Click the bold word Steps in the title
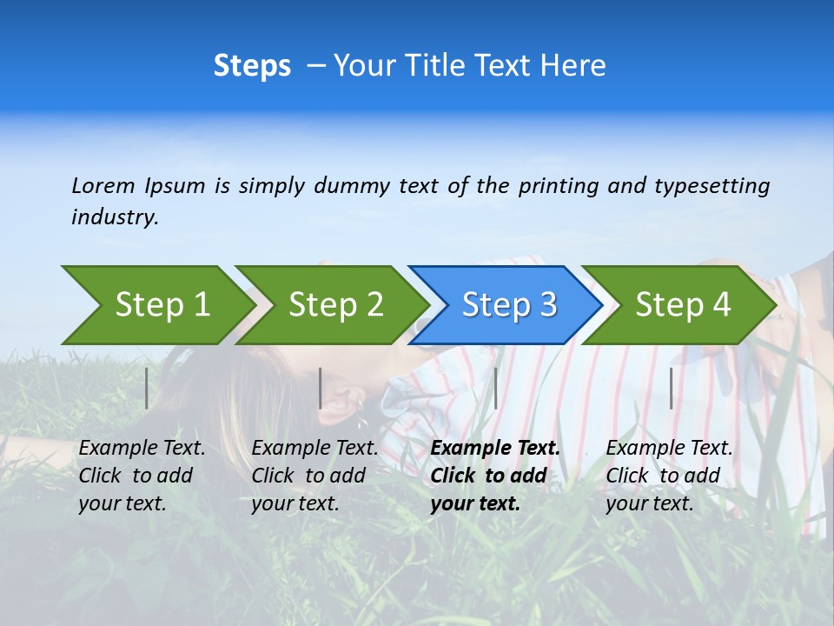252,66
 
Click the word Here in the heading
573,66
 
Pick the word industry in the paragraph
115,217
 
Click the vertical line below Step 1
147,388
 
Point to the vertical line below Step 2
321,388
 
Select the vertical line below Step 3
495,388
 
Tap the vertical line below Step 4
671,388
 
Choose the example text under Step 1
142,476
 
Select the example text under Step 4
669,476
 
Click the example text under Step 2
314,476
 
